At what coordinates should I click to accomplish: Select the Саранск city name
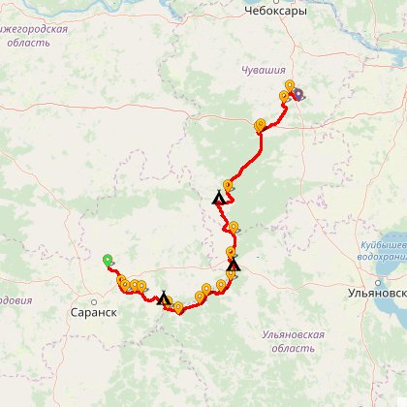[94, 314]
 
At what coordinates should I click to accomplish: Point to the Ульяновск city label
[376, 293]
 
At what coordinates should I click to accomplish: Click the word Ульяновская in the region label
[293, 334]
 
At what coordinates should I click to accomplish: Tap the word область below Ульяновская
[293, 347]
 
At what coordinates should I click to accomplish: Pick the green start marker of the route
[108, 260]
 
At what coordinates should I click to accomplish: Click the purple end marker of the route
[297, 95]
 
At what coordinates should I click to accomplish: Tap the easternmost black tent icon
[234, 264]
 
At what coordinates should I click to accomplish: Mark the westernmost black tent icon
[164, 297]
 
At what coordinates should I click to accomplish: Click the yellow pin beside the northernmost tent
[228, 185]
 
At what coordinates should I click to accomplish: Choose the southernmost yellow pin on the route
[178, 308]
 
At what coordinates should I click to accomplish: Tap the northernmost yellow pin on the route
[290, 86]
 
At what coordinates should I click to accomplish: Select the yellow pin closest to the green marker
[121, 281]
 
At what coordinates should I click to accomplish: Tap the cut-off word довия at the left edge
[15, 300]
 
